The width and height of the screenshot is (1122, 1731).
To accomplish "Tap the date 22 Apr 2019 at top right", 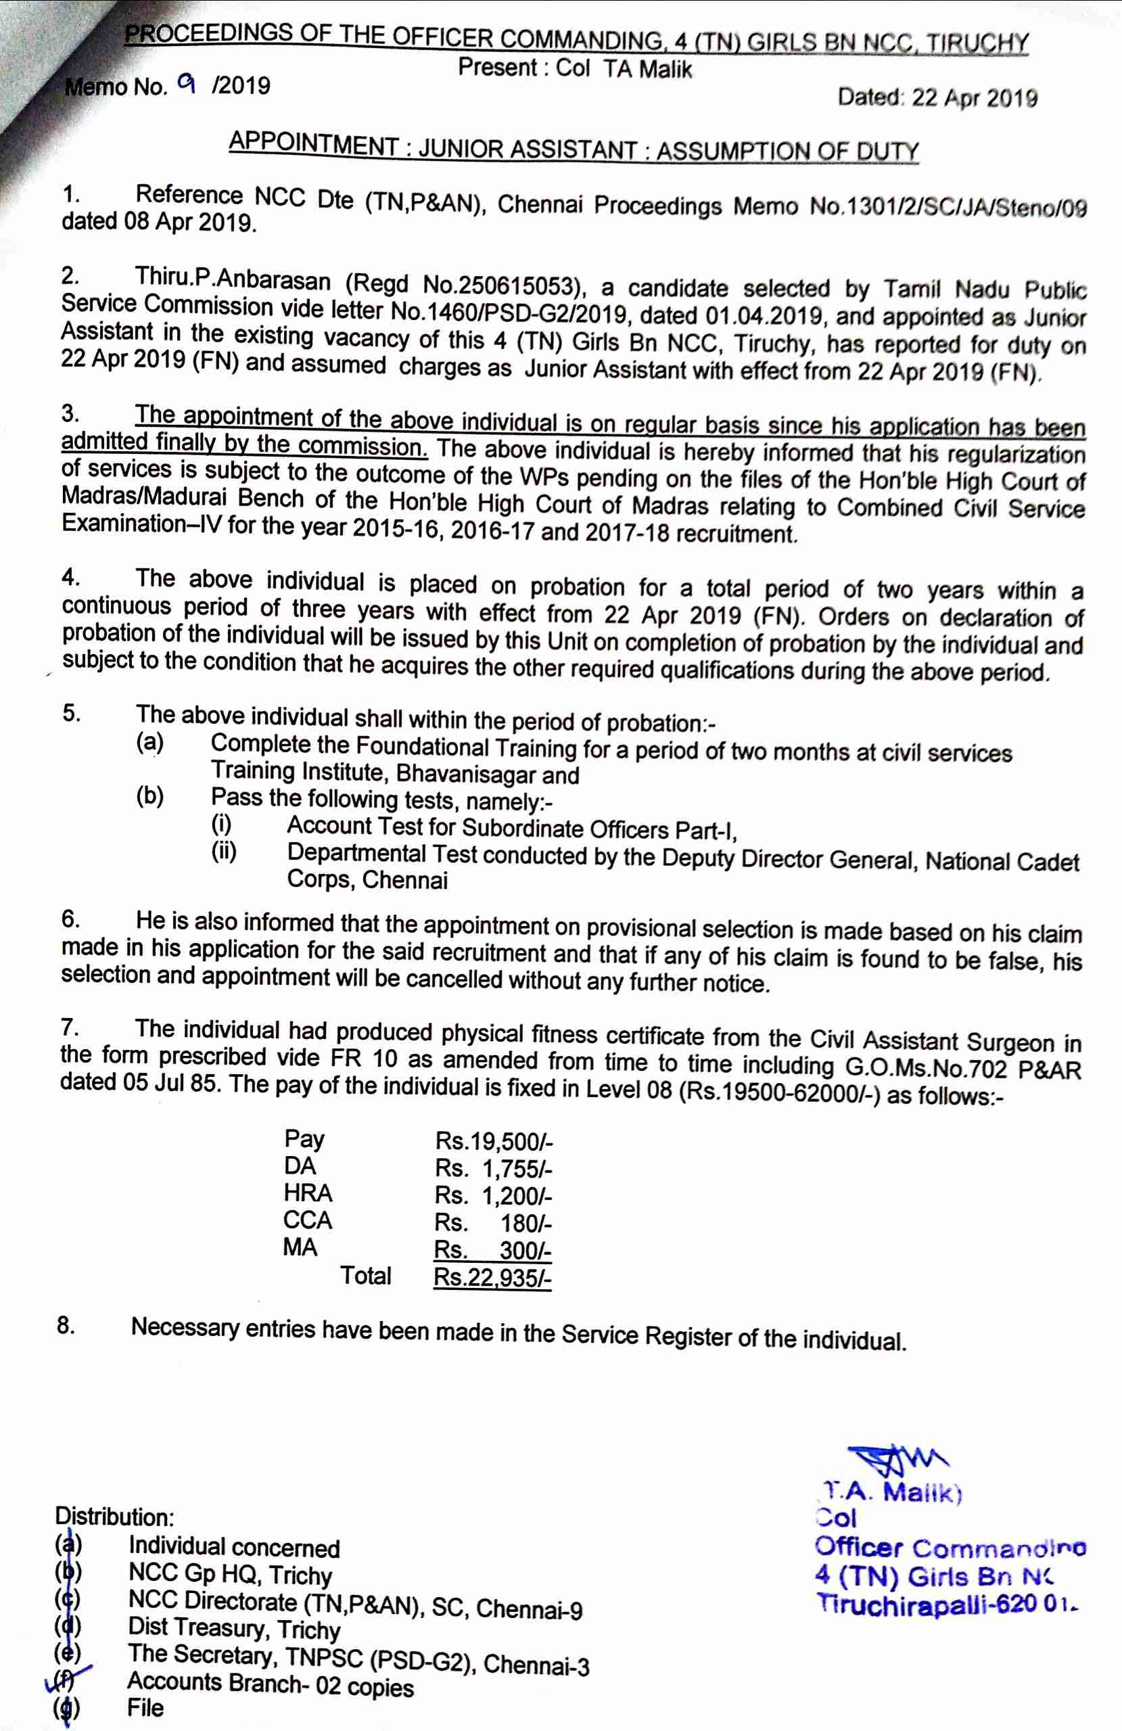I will click(x=975, y=98).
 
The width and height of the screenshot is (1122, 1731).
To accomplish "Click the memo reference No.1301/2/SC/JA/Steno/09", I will click(x=948, y=209).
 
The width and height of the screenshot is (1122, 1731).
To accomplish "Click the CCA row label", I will click(x=308, y=1220).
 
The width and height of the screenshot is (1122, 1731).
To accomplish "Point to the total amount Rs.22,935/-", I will click(x=492, y=1278).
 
